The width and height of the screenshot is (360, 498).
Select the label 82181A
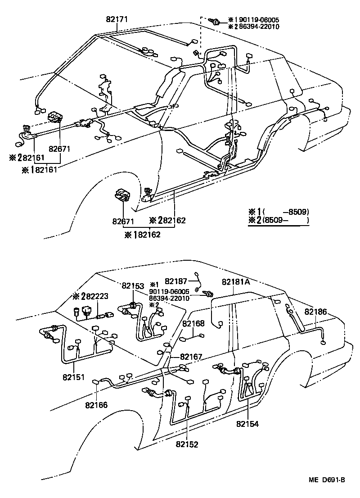[x=235, y=282]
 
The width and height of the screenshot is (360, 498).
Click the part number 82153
[x=133, y=286]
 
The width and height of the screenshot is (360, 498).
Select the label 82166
[x=97, y=405]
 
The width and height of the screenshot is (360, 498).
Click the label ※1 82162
[x=143, y=235]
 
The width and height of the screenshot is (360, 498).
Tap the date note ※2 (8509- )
[x=279, y=221]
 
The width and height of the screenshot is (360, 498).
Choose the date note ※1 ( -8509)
[x=279, y=212]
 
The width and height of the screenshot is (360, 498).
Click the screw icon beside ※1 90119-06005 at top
[x=216, y=21]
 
